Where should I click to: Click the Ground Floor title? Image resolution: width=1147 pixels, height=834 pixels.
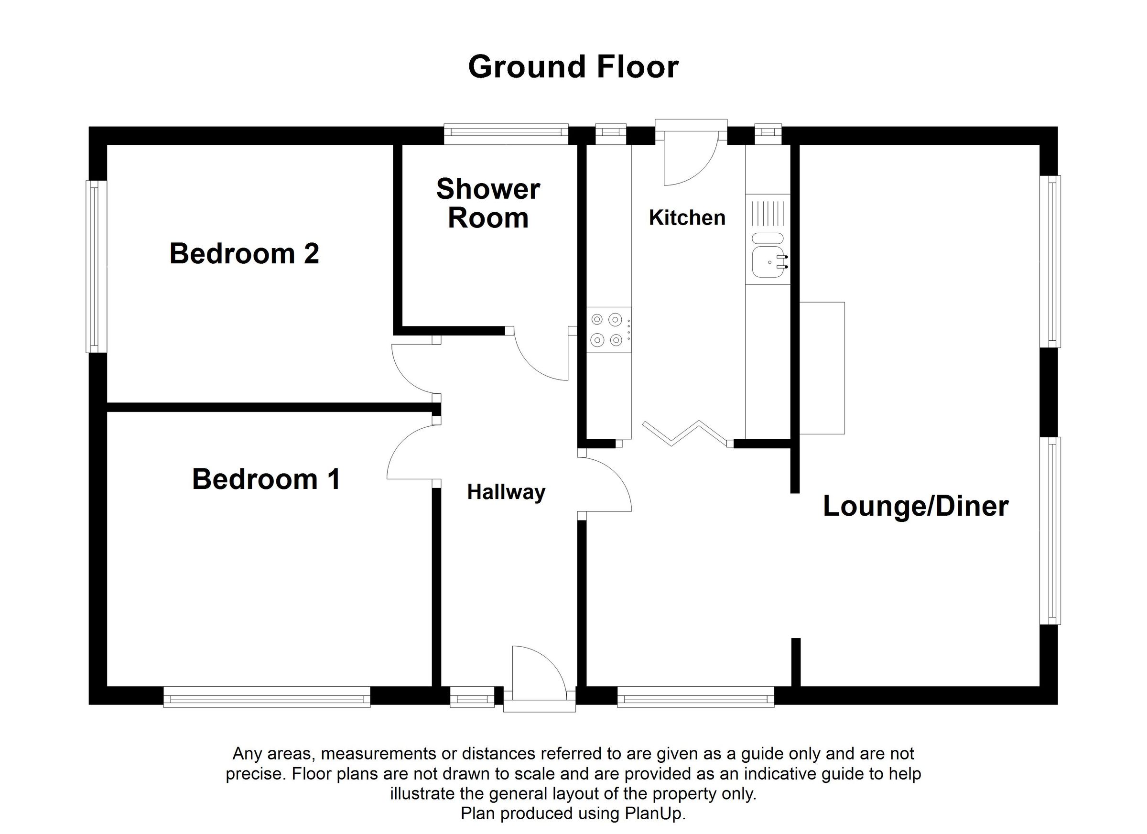[573, 67]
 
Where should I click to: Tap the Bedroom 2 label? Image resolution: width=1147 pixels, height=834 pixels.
[244, 253]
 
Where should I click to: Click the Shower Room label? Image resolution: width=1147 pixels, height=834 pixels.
[488, 203]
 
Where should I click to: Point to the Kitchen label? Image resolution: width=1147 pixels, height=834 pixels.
[687, 217]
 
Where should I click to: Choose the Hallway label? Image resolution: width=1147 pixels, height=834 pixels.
[506, 492]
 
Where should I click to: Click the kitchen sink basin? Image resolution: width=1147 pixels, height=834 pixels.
[768, 262]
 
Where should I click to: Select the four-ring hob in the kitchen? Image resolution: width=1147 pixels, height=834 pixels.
[607, 330]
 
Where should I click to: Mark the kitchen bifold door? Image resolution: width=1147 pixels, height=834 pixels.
[685, 433]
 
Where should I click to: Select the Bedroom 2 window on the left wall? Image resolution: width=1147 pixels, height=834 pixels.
[95, 266]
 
